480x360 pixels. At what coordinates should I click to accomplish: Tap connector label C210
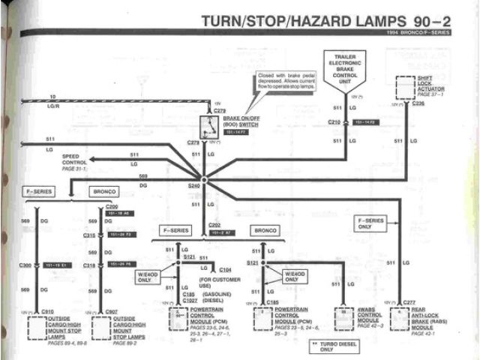(334, 121)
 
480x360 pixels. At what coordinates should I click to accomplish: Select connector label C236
(419, 103)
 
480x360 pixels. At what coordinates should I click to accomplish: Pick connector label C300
(25, 265)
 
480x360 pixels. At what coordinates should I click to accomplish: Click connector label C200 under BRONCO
(112, 205)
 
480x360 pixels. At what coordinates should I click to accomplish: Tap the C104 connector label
(225, 268)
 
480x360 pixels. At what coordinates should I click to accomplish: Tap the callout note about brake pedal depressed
(285, 82)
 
